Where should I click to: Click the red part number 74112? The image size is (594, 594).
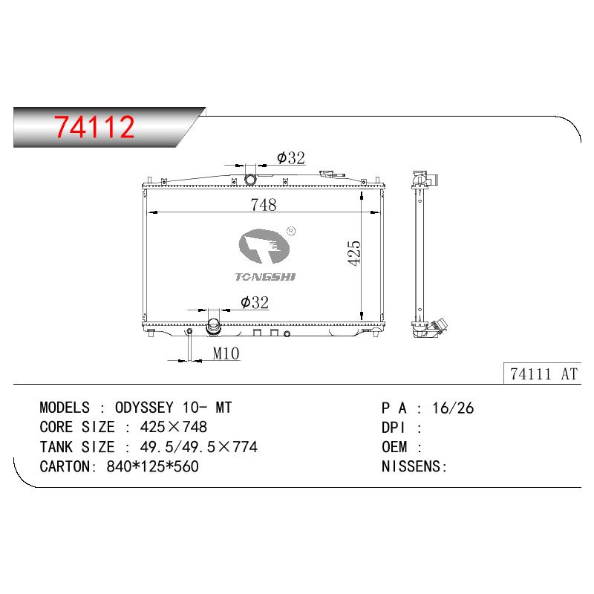coord(94,126)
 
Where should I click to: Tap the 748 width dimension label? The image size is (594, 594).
coord(264,205)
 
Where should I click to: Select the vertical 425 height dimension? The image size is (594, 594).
coord(354,252)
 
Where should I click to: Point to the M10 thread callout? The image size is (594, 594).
coord(226,353)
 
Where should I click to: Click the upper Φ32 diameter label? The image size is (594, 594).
coord(291,157)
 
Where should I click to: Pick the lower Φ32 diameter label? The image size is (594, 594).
coord(255,302)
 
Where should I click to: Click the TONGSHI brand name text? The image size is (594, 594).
coord(265,277)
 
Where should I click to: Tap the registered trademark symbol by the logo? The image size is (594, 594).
coord(291,231)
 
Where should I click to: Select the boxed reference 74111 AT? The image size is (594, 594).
coord(544,374)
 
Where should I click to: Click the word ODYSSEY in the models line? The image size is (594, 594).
coord(144,408)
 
